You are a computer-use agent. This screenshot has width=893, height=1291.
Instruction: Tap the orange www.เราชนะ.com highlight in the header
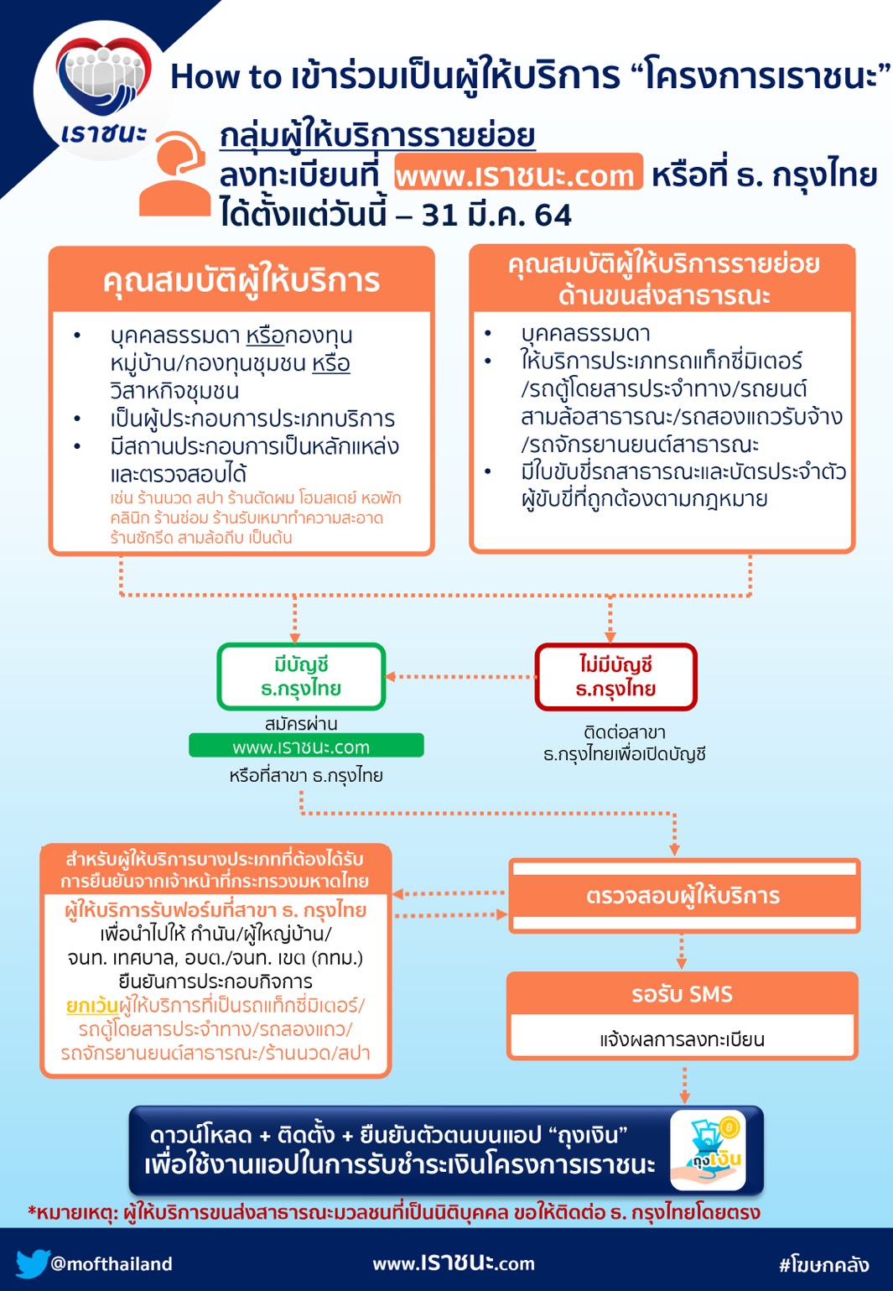pos(518,174)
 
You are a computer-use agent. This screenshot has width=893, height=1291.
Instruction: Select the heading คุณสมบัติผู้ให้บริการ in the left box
pos(241,280)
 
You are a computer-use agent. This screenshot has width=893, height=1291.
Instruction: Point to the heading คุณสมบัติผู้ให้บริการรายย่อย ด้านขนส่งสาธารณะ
pos(663,279)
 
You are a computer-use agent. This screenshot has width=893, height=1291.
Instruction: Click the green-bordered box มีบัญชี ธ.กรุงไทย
pos(301,677)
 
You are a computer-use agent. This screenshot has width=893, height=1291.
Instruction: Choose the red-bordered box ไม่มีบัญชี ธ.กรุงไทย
pos(615,677)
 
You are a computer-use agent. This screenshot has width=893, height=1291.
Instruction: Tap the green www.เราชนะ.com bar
pos(306,746)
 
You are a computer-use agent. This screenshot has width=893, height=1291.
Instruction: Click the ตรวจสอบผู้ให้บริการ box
pos(683,896)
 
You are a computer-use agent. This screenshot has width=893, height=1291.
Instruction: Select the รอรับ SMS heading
pos(683,994)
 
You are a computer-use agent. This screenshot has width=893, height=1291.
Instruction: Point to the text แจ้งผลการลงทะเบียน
pos(683,1039)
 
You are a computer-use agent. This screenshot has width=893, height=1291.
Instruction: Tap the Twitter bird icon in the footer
pos(32,1263)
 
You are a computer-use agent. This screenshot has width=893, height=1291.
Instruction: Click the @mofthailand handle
pos(112,1264)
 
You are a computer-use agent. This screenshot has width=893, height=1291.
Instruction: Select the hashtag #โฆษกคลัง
pos(824,1264)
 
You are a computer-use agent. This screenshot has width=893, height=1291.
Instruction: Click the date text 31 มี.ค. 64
pos(496,216)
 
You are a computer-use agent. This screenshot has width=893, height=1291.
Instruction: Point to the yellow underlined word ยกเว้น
pos(92,1005)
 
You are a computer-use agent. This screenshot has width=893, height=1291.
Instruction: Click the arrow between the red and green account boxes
pos(460,676)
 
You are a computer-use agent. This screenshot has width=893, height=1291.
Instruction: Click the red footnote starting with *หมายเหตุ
pos(394,1212)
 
